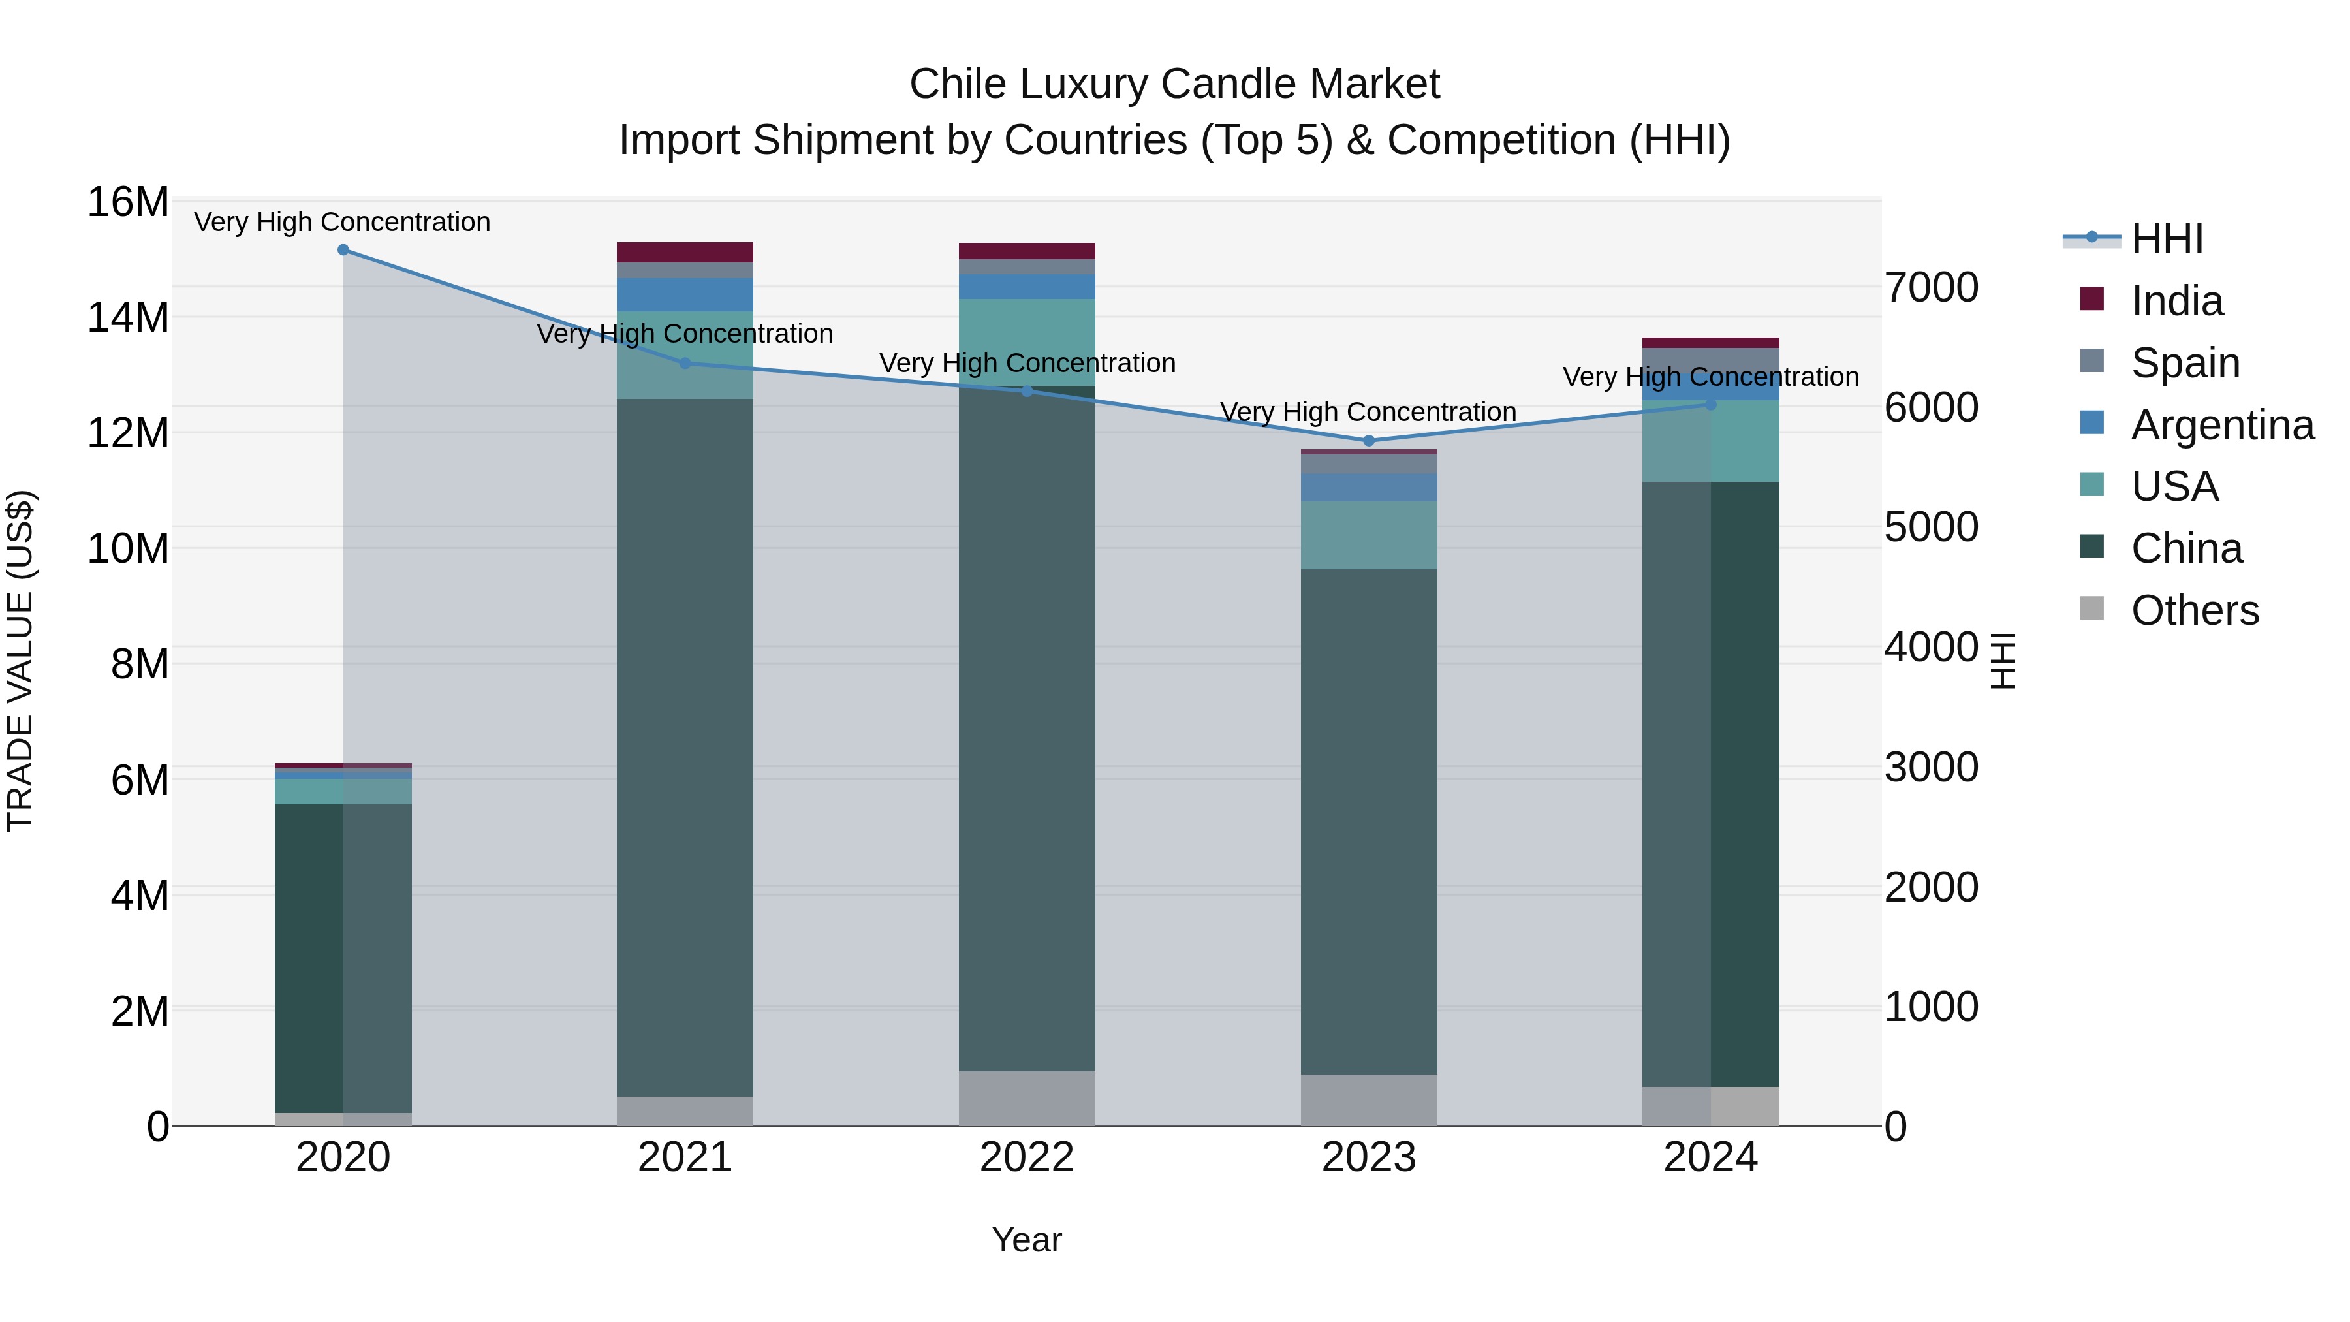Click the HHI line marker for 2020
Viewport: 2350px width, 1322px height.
(x=343, y=250)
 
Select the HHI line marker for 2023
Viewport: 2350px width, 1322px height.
(x=1368, y=441)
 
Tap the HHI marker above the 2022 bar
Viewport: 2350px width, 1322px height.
(x=1026, y=390)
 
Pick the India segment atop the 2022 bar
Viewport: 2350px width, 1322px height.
(x=1026, y=251)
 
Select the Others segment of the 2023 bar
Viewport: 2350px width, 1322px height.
(x=1368, y=1099)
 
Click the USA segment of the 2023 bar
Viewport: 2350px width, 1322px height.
(x=1368, y=535)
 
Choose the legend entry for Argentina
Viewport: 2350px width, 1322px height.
(x=2222, y=425)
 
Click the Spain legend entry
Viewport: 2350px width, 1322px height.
(x=2185, y=363)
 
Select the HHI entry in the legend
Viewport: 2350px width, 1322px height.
(x=2167, y=239)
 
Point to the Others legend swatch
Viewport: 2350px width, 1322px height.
(x=2092, y=608)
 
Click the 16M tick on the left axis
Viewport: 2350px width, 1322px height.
(x=128, y=202)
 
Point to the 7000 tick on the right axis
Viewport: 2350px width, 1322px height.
(x=1932, y=287)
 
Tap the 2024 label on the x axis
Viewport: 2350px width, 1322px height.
(x=1710, y=1157)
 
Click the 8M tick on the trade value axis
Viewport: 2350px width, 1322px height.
(x=140, y=664)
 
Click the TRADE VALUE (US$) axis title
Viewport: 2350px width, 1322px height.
(x=20, y=661)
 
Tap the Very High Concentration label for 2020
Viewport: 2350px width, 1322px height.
(x=342, y=222)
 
